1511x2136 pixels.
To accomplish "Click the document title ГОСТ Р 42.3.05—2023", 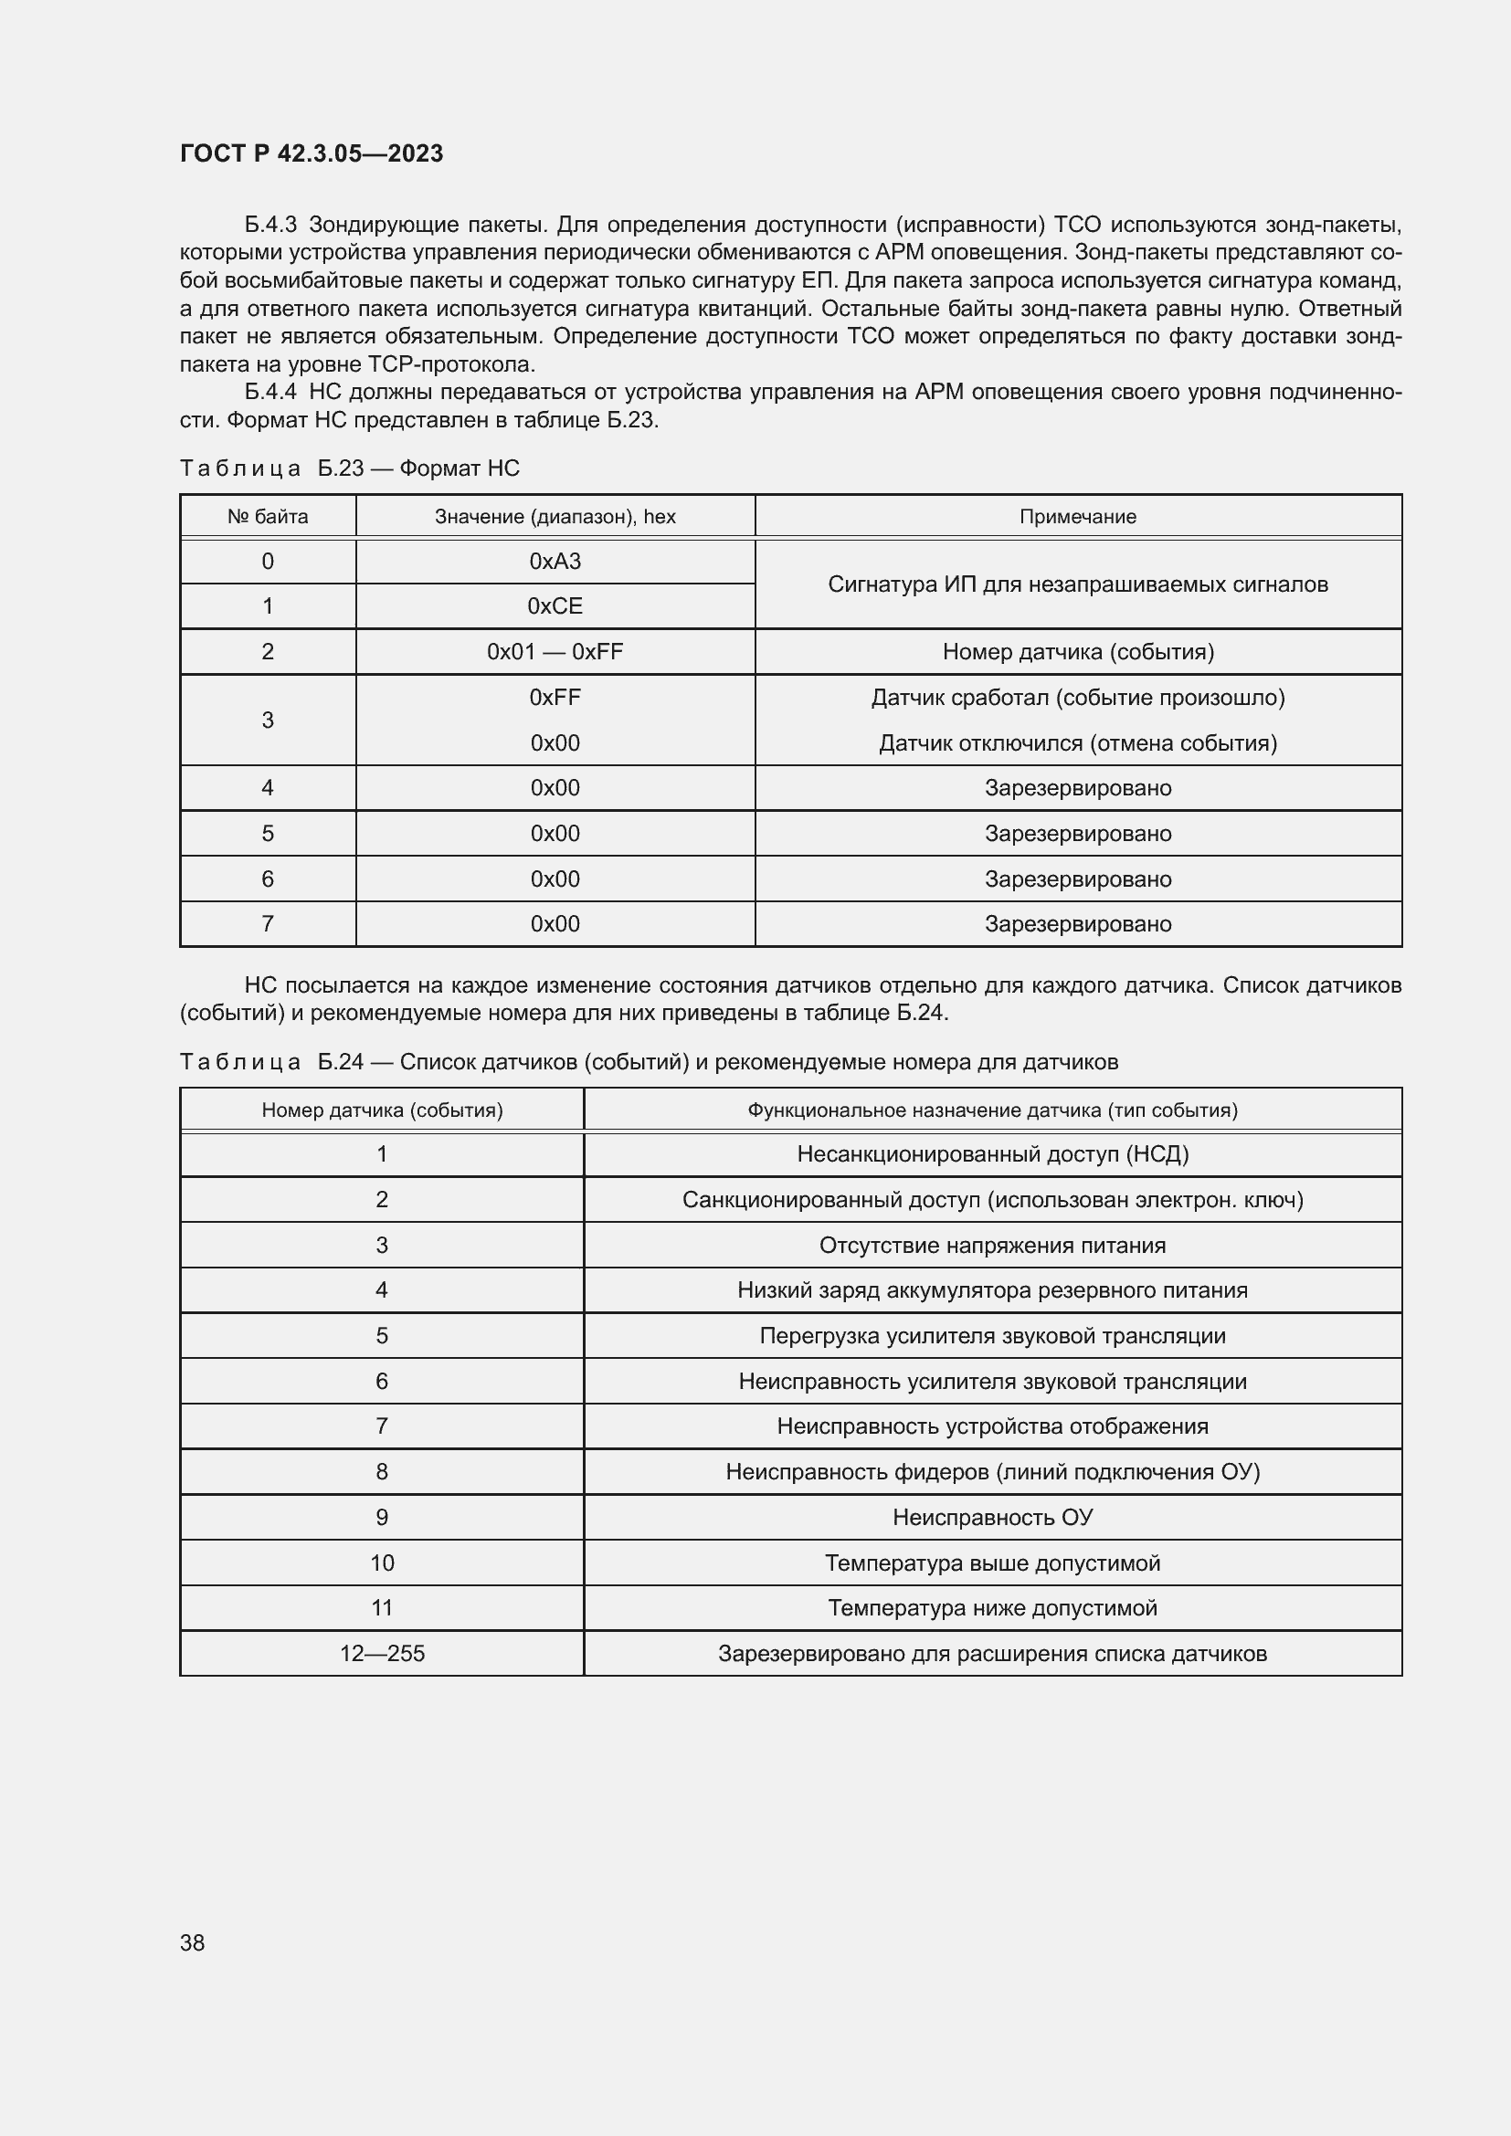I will (x=311, y=153).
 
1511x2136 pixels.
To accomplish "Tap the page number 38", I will (x=192, y=1942).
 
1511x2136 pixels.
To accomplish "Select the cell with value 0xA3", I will (x=555, y=561).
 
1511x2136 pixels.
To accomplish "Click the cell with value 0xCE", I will (x=555, y=606).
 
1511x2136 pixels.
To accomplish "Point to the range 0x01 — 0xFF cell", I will (x=555, y=651).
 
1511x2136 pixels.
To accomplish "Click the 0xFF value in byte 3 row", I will (x=555, y=697).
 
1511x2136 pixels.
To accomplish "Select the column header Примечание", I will (x=1077, y=516).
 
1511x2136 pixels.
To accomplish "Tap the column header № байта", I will (x=267, y=516).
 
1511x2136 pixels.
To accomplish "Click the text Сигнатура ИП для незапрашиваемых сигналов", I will (x=1077, y=584).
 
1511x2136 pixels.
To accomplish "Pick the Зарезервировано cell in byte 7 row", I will (x=1077, y=924).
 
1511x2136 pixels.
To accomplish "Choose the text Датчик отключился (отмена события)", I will (x=1077, y=743).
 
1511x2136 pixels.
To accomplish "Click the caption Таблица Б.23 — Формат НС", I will (x=349, y=468).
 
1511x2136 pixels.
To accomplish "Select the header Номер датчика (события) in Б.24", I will (x=382, y=1110).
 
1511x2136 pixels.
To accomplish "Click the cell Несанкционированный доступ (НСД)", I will (x=992, y=1154).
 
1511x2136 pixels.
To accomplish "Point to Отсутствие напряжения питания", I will (x=992, y=1245).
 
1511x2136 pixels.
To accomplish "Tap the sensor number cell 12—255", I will (x=382, y=1653).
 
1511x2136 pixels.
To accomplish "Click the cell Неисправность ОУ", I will (x=992, y=1518).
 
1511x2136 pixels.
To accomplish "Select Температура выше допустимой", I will (x=992, y=1563).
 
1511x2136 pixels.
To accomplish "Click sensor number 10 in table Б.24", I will (x=382, y=1563).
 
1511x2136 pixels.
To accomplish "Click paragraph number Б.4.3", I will (x=269, y=225).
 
